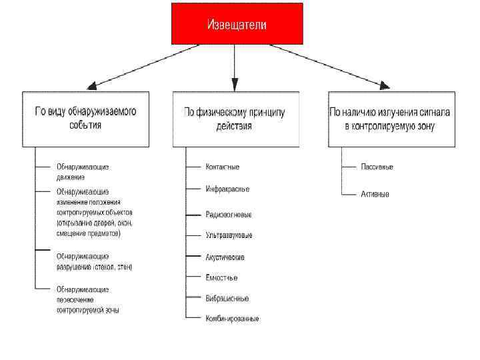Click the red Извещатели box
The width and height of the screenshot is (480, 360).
tap(237, 24)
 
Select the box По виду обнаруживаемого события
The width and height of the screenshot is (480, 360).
tap(85, 119)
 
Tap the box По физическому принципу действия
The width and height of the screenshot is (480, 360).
tap(235, 119)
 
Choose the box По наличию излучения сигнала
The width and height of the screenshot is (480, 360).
tap(391, 119)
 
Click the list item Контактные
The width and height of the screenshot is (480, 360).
tap(222, 167)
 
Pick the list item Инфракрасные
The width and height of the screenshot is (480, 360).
tap(227, 189)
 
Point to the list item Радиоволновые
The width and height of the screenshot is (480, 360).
tap(228, 215)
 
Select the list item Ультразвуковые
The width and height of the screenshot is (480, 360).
tap(229, 235)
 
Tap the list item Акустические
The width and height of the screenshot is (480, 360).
tap(225, 257)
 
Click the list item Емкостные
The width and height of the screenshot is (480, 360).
tap(221, 277)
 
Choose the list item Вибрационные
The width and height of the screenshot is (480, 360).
tap(227, 298)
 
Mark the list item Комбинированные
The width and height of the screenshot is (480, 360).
tap(231, 318)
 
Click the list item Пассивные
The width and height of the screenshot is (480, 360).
tap(377, 167)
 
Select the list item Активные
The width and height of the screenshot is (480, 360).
tap(375, 194)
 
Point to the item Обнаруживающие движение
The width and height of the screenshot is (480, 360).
tap(82, 171)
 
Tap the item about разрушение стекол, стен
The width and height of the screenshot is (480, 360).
tap(94, 261)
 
